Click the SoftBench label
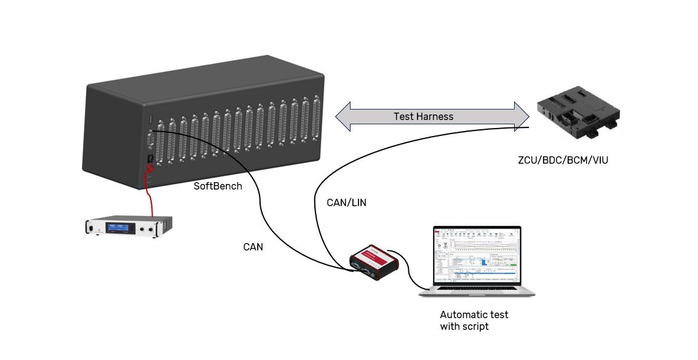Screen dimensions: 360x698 [x=218, y=186]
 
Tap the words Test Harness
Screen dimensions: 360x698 [x=423, y=116]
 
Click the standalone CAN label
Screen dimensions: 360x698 [x=253, y=247]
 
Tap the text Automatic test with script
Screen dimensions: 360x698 [x=474, y=321]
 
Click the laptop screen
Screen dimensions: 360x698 [x=477, y=254]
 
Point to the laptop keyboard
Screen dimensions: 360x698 [x=477, y=290]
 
